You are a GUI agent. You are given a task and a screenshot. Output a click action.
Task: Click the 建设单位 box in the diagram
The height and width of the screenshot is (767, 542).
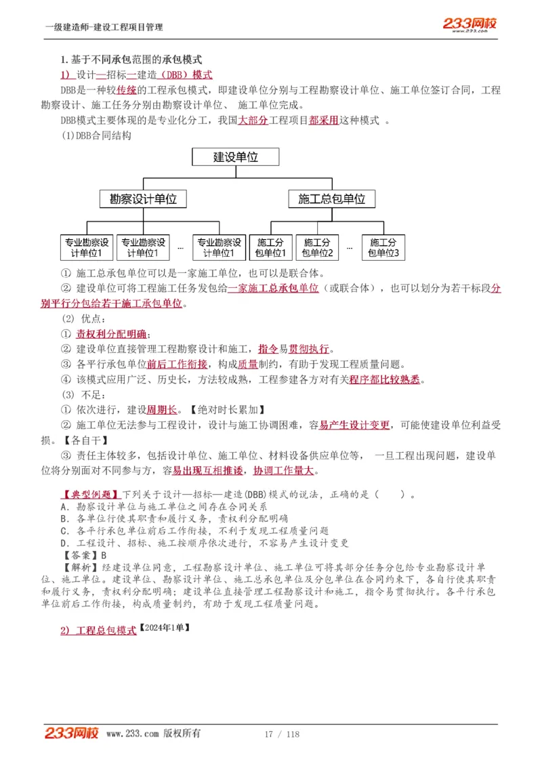(x=236, y=157)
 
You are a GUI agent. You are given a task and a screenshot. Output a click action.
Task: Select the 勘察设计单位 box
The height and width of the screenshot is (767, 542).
(x=143, y=199)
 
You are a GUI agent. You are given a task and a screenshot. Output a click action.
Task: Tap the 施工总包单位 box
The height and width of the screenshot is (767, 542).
(x=331, y=199)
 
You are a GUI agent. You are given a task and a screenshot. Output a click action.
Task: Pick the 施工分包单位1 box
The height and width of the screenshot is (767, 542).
(x=270, y=248)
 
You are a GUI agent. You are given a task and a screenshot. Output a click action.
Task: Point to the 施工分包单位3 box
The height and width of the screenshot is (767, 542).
(x=383, y=248)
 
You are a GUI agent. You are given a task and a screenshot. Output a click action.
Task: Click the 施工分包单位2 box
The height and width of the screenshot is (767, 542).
(x=317, y=248)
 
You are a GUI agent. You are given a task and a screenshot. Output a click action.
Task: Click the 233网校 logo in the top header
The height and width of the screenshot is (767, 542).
(x=470, y=25)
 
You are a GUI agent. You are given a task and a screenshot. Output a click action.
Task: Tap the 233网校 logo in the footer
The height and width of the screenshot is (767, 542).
(x=72, y=733)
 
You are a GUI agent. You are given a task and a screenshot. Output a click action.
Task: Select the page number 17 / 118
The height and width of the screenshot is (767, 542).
(x=282, y=734)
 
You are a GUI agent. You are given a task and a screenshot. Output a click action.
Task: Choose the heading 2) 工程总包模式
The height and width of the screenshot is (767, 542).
(x=98, y=630)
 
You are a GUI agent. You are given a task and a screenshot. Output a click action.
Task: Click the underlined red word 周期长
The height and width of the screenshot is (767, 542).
(x=162, y=409)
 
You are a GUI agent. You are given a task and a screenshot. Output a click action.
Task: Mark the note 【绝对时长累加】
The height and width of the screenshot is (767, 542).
(x=227, y=409)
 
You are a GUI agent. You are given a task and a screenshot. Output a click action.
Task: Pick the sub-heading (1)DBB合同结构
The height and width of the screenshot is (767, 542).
(x=97, y=135)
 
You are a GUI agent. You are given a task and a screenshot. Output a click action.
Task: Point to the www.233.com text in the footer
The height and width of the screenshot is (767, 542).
(x=133, y=734)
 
